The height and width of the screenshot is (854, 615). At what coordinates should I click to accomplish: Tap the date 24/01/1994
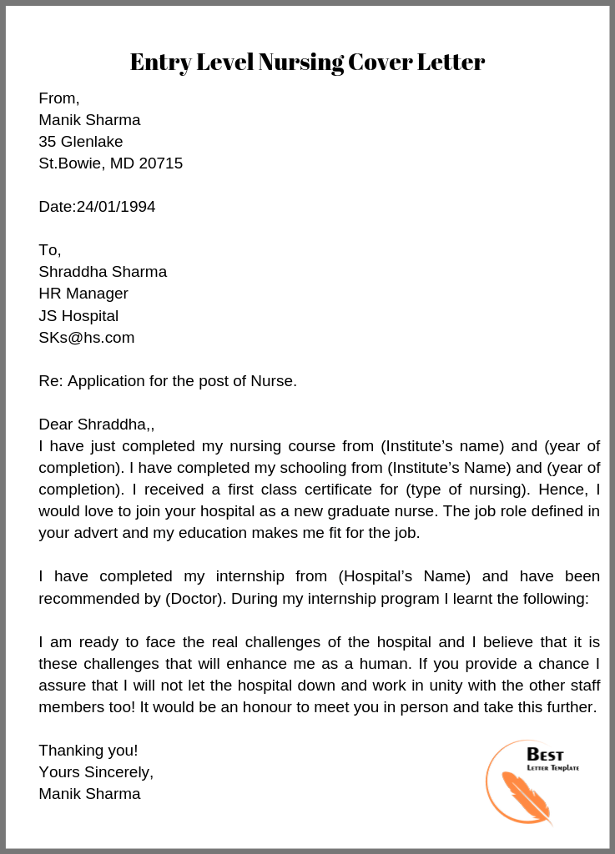tap(116, 207)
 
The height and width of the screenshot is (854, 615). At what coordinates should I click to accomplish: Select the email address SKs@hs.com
tap(87, 338)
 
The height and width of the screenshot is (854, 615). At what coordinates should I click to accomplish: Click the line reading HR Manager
tap(83, 294)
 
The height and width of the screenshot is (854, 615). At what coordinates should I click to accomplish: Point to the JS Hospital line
tap(78, 316)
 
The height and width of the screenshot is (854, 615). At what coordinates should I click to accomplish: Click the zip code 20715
tap(160, 163)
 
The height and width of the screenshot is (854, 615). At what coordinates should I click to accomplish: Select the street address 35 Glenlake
tap(81, 142)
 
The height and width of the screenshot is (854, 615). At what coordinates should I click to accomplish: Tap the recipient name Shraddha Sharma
tap(103, 272)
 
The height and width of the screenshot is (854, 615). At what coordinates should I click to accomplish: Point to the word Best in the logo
tap(545, 755)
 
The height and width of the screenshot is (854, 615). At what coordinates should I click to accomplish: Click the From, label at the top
tap(59, 98)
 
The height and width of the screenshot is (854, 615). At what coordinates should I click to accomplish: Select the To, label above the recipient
tap(50, 250)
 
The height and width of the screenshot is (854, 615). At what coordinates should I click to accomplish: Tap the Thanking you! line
tap(88, 751)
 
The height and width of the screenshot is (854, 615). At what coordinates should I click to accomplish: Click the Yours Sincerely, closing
tap(96, 772)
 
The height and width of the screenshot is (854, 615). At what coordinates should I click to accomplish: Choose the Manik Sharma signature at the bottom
tap(89, 794)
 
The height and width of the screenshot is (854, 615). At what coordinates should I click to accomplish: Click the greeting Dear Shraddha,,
tap(97, 424)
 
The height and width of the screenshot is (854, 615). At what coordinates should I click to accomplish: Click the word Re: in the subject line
tap(51, 381)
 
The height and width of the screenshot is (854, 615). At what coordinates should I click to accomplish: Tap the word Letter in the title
tap(451, 63)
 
